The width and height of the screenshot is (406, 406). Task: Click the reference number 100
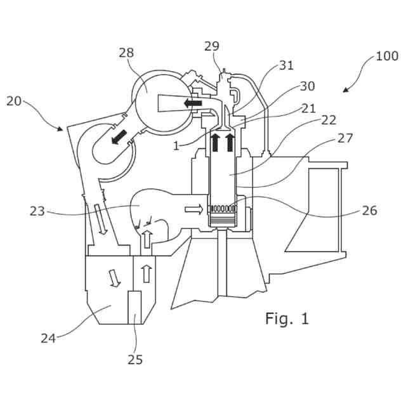pos(386,56)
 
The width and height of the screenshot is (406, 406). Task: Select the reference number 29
pos(212,46)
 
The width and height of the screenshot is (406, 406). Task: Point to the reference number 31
pos(287,65)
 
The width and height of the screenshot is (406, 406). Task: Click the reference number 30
pos(306,86)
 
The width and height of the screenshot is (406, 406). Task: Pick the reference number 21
pos(308,108)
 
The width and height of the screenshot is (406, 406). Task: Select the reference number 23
pos(37,211)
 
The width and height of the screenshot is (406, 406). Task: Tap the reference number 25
pos(135,359)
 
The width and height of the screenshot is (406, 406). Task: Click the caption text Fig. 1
pos(287,318)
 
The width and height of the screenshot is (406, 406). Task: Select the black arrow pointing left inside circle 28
pos(190,101)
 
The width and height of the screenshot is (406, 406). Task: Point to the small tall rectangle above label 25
pos(135,307)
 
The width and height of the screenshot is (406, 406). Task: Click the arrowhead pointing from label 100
pos(345,91)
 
